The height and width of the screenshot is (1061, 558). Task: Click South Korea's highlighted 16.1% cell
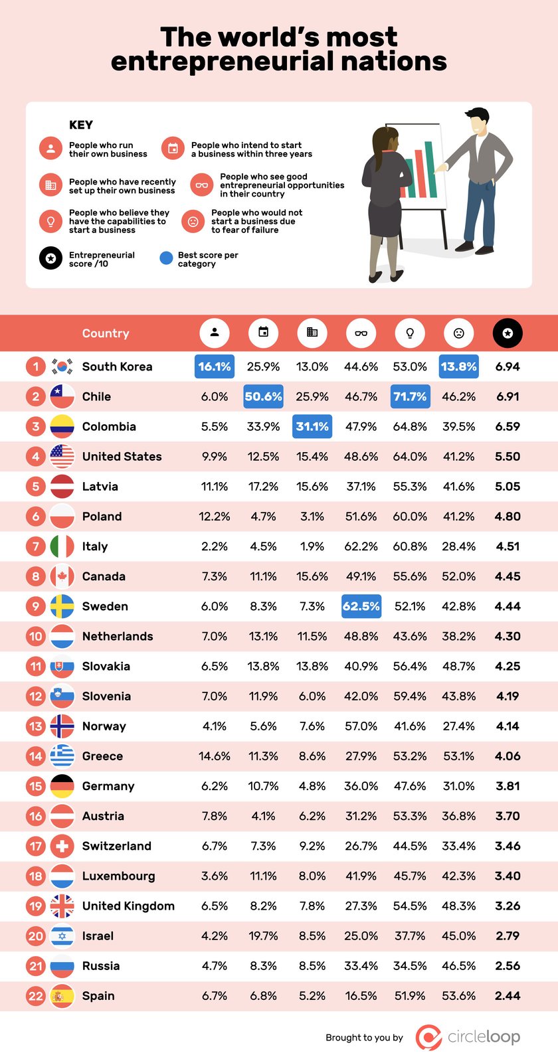point(214,367)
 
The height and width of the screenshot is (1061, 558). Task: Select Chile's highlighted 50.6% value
point(263,396)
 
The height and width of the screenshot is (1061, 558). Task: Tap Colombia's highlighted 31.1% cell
point(312,426)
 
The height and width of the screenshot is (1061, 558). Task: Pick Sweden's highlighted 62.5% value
point(361,606)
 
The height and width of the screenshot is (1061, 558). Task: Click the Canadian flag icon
point(62,576)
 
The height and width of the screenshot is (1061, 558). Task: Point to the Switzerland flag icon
point(62,846)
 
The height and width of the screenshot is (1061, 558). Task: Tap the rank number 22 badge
point(36,996)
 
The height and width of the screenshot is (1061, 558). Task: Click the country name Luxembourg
point(118,876)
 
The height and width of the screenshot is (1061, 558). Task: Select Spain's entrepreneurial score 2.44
point(508,996)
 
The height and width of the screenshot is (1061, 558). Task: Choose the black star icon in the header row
point(508,333)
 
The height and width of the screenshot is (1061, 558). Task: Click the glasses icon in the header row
point(361,333)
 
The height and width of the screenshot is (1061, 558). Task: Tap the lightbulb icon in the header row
point(410,333)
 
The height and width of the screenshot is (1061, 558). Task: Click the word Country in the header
point(106,333)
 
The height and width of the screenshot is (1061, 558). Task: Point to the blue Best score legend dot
point(166,258)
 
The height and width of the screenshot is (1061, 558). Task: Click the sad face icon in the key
point(193,221)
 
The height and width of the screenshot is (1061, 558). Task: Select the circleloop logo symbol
point(428,1037)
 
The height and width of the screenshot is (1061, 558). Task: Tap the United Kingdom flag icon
point(62,906)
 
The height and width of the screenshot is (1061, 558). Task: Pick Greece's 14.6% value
point(214,756)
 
